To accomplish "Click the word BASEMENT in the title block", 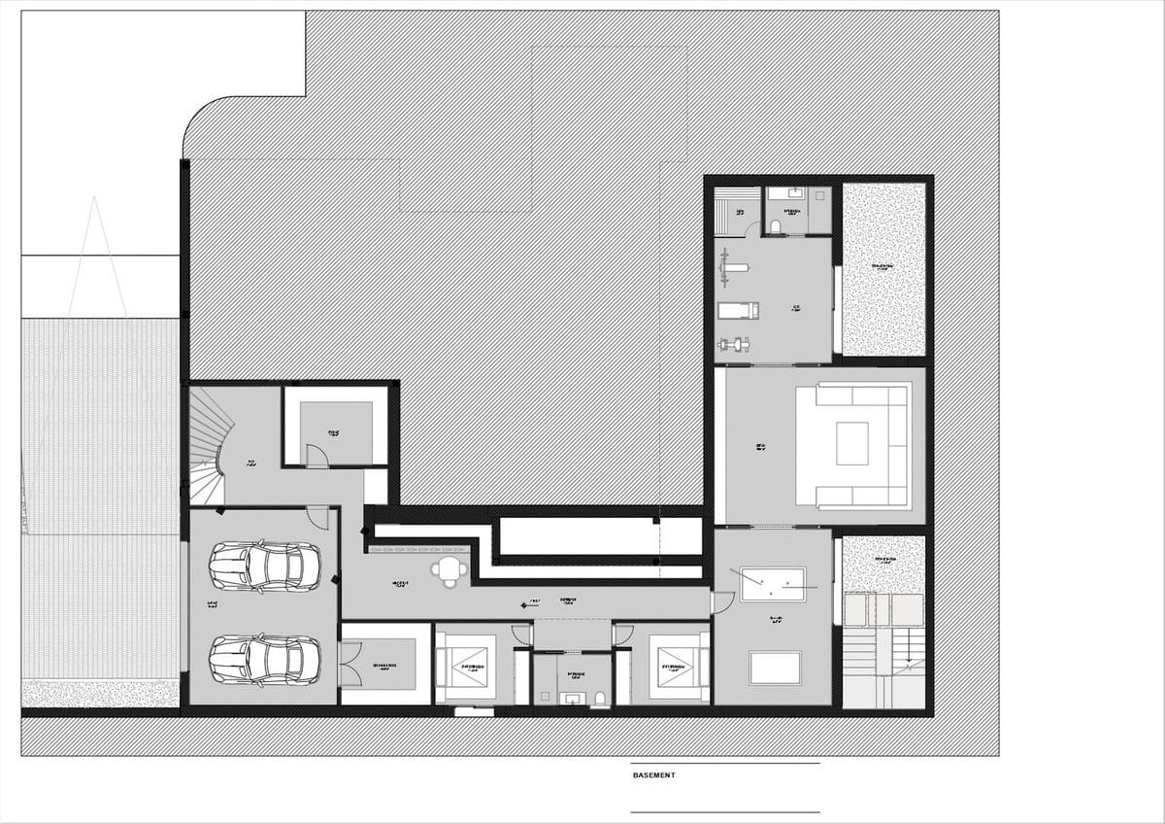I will pos(653,775).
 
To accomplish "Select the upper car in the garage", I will pos(263,566).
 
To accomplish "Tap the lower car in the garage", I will pos(263,660).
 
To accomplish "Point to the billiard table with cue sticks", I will pos(773,584).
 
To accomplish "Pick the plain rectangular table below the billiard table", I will pos(775,668).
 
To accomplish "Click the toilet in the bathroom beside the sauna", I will pos(775,226).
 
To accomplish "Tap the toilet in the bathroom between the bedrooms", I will pos(600,697).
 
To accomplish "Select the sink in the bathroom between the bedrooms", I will pos(571,697).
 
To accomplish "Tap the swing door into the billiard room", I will pos(722,602).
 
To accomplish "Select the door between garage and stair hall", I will pos(317,517).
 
